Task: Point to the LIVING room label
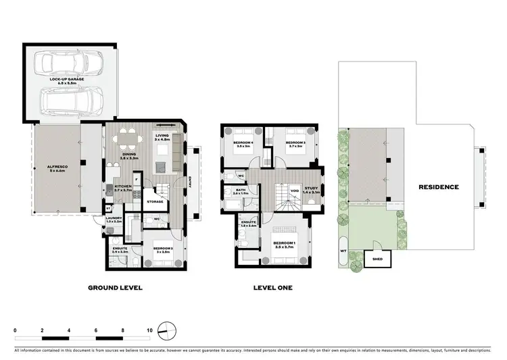click(162, 136)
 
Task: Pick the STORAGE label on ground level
click(155, 201)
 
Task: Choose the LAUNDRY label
click(114, 219)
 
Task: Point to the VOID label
click(295, 191)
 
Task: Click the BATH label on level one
click(241, 191)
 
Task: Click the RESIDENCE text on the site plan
click(438, 187)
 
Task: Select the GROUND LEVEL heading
click(115, 288)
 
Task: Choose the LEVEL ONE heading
click(272, 288)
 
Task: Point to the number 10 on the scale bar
click(150, 331)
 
